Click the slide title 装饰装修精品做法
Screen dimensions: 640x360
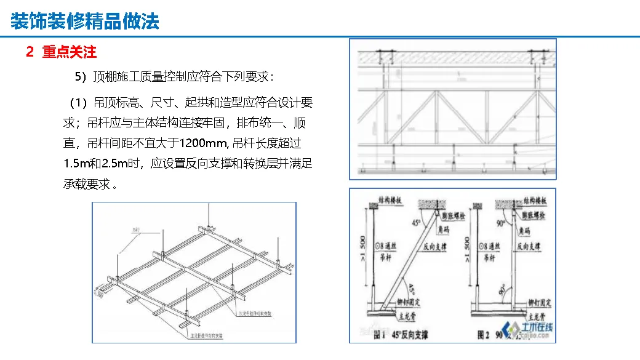click(x=85, y=22)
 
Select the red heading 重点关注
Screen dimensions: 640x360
click(x=69, y=52)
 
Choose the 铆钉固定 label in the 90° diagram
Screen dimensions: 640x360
click(x=540, y=303)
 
